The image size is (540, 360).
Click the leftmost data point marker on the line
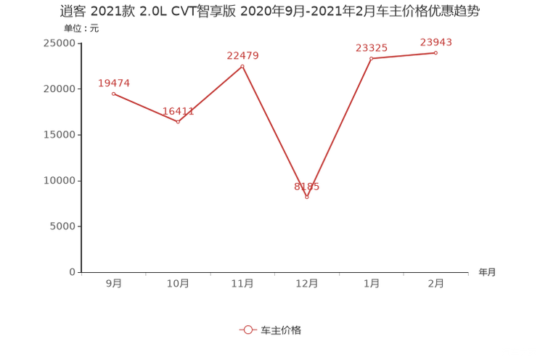click(112, 94)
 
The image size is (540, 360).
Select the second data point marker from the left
click(178, 122)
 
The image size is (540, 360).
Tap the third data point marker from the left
click(242, 65)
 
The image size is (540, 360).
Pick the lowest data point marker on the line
click(307, 197)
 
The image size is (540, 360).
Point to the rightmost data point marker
click(436, 52)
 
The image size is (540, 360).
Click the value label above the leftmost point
click(113, 83)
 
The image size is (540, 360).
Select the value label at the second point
click(178, 112)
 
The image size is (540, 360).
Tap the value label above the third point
click(242, 54)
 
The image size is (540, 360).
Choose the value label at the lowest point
click(306, 187)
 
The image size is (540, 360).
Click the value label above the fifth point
click(371, 47)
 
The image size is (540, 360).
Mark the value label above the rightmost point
click(436, 41)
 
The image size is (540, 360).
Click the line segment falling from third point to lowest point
click(274, 131)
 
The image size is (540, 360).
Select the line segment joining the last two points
click(404, 55)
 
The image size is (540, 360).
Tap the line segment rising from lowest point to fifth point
click(339, 128)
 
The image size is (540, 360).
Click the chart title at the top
click(269, 12)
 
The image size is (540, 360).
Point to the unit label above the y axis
click(81, 29)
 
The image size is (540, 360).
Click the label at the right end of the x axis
click(486, 273)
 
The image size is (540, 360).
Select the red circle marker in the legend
click(247, 330)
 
